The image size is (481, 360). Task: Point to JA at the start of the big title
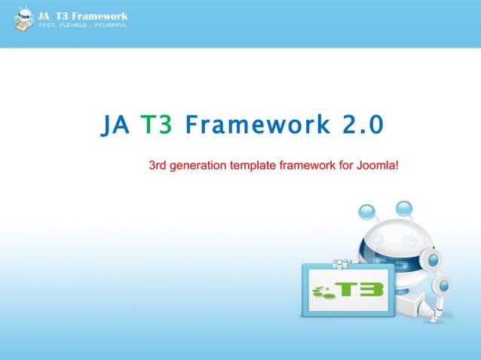[x=116, y=125]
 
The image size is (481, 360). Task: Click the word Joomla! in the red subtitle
[x=377, y=165]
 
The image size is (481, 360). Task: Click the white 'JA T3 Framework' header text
[x=83, y=15]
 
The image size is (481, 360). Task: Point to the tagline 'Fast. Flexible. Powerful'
[x=83, y=26]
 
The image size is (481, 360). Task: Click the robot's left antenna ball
[x=367, y=211]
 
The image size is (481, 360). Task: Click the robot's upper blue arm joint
[x=434, y=258]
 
